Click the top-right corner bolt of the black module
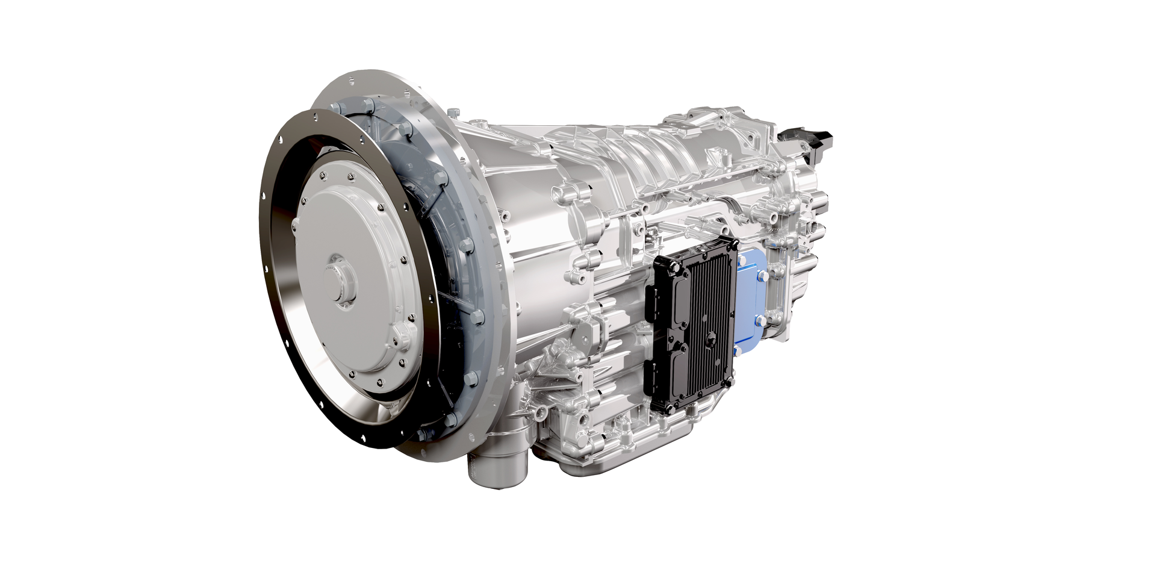tap(733, 244)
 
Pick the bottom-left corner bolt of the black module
tap(670, 408)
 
